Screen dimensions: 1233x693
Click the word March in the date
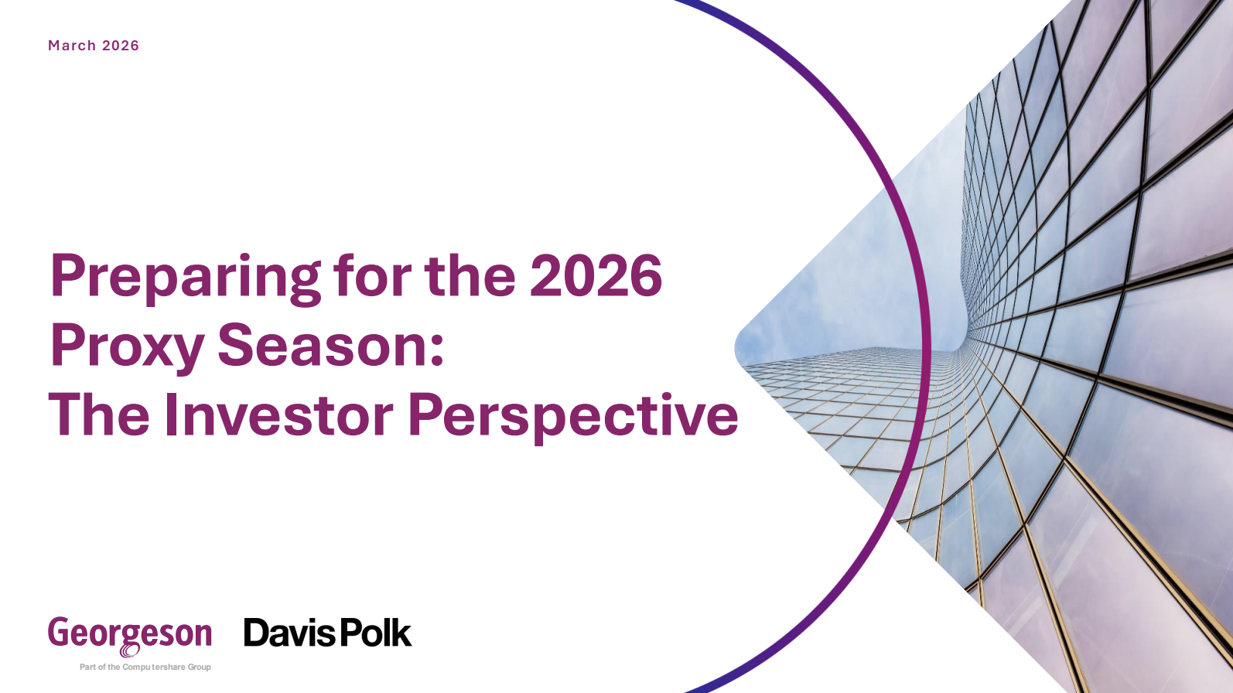(72, 45)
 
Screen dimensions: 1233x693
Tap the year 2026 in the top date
(121, 45)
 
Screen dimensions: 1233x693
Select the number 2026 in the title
(596, 276)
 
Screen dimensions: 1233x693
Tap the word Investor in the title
(278, 415)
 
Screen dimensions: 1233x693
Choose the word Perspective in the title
(573, 418)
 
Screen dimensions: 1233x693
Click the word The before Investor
(99, 415)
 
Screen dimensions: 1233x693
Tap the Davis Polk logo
(327, 633)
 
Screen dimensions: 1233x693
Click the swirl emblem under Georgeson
(130, 650)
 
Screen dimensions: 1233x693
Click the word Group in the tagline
(200, 667)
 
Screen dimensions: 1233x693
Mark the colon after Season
(437, 351)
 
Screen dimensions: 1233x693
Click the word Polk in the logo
(376, 633)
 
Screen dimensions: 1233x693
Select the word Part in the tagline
(87, 667)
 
